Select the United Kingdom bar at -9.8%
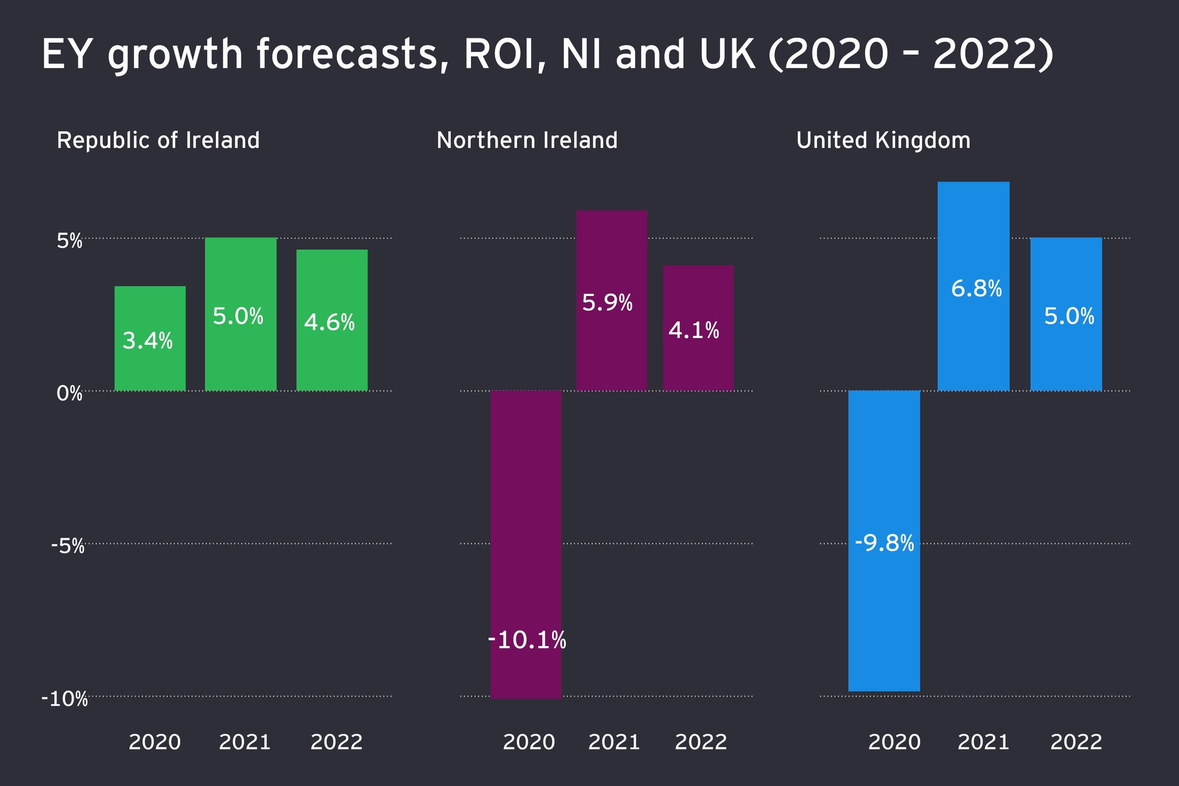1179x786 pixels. [884, 541]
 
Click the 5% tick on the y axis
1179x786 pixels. [70, 241]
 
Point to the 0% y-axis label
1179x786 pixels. [70, 394]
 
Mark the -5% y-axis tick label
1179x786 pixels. [67, 546]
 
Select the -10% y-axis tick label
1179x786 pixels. [64, 700]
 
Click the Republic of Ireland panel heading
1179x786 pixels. [158, 141]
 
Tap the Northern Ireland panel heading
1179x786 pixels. [527, 141]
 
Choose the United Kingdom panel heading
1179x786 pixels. [883, 141]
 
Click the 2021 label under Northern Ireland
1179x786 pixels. [614, 742]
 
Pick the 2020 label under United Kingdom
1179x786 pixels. [894, 742]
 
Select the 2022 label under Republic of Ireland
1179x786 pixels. [336, 742]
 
